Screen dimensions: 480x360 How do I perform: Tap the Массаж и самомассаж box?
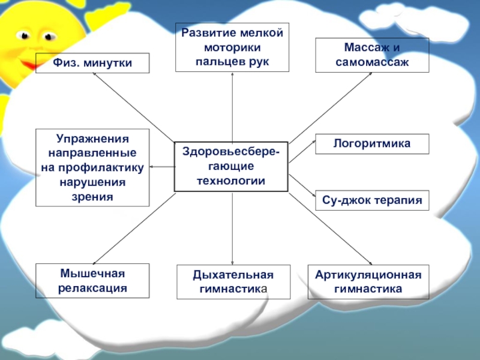373,55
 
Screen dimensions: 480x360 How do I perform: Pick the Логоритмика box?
372,144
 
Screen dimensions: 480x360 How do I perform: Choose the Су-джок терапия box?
372,200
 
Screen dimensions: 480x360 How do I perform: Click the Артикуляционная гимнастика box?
368,282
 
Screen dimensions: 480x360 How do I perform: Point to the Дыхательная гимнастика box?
233,282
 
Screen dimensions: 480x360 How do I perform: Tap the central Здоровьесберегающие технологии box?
231,167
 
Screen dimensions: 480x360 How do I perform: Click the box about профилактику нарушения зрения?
92,167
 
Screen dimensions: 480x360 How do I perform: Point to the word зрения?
92,196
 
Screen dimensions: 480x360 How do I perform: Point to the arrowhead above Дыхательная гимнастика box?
233,262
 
